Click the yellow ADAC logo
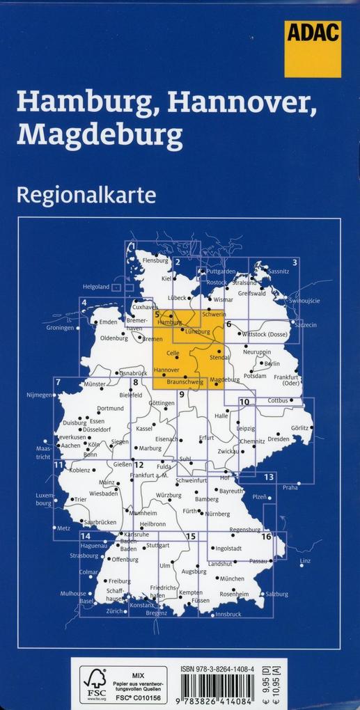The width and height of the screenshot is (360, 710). pyautogui.click(x=313, y=49)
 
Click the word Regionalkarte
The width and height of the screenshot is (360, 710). pyautogui.click(x=86, y=194)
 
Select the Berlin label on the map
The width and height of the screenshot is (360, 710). pyautogui.click(x=272, y=363)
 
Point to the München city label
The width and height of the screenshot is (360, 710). pyautogui.click(x=231, y=578)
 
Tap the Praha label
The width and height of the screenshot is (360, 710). pyautogui.click(x=290, y=487)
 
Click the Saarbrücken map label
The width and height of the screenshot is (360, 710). pyautogui.click(x=98, y=521)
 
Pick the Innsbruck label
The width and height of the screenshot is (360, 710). pyautogui.click(x=228, y=614)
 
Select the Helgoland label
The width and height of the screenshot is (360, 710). pyautogui.click(x=96, y=287)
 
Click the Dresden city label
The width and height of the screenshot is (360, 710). pyautogui.click(x=278, y=439)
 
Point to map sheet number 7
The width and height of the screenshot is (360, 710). pyautogui.click(x=58, y=381)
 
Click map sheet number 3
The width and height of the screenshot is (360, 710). pyautogui.click(x=295, y=262)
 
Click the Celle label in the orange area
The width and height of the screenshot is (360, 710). pyautogui.click(x=173, y=354)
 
